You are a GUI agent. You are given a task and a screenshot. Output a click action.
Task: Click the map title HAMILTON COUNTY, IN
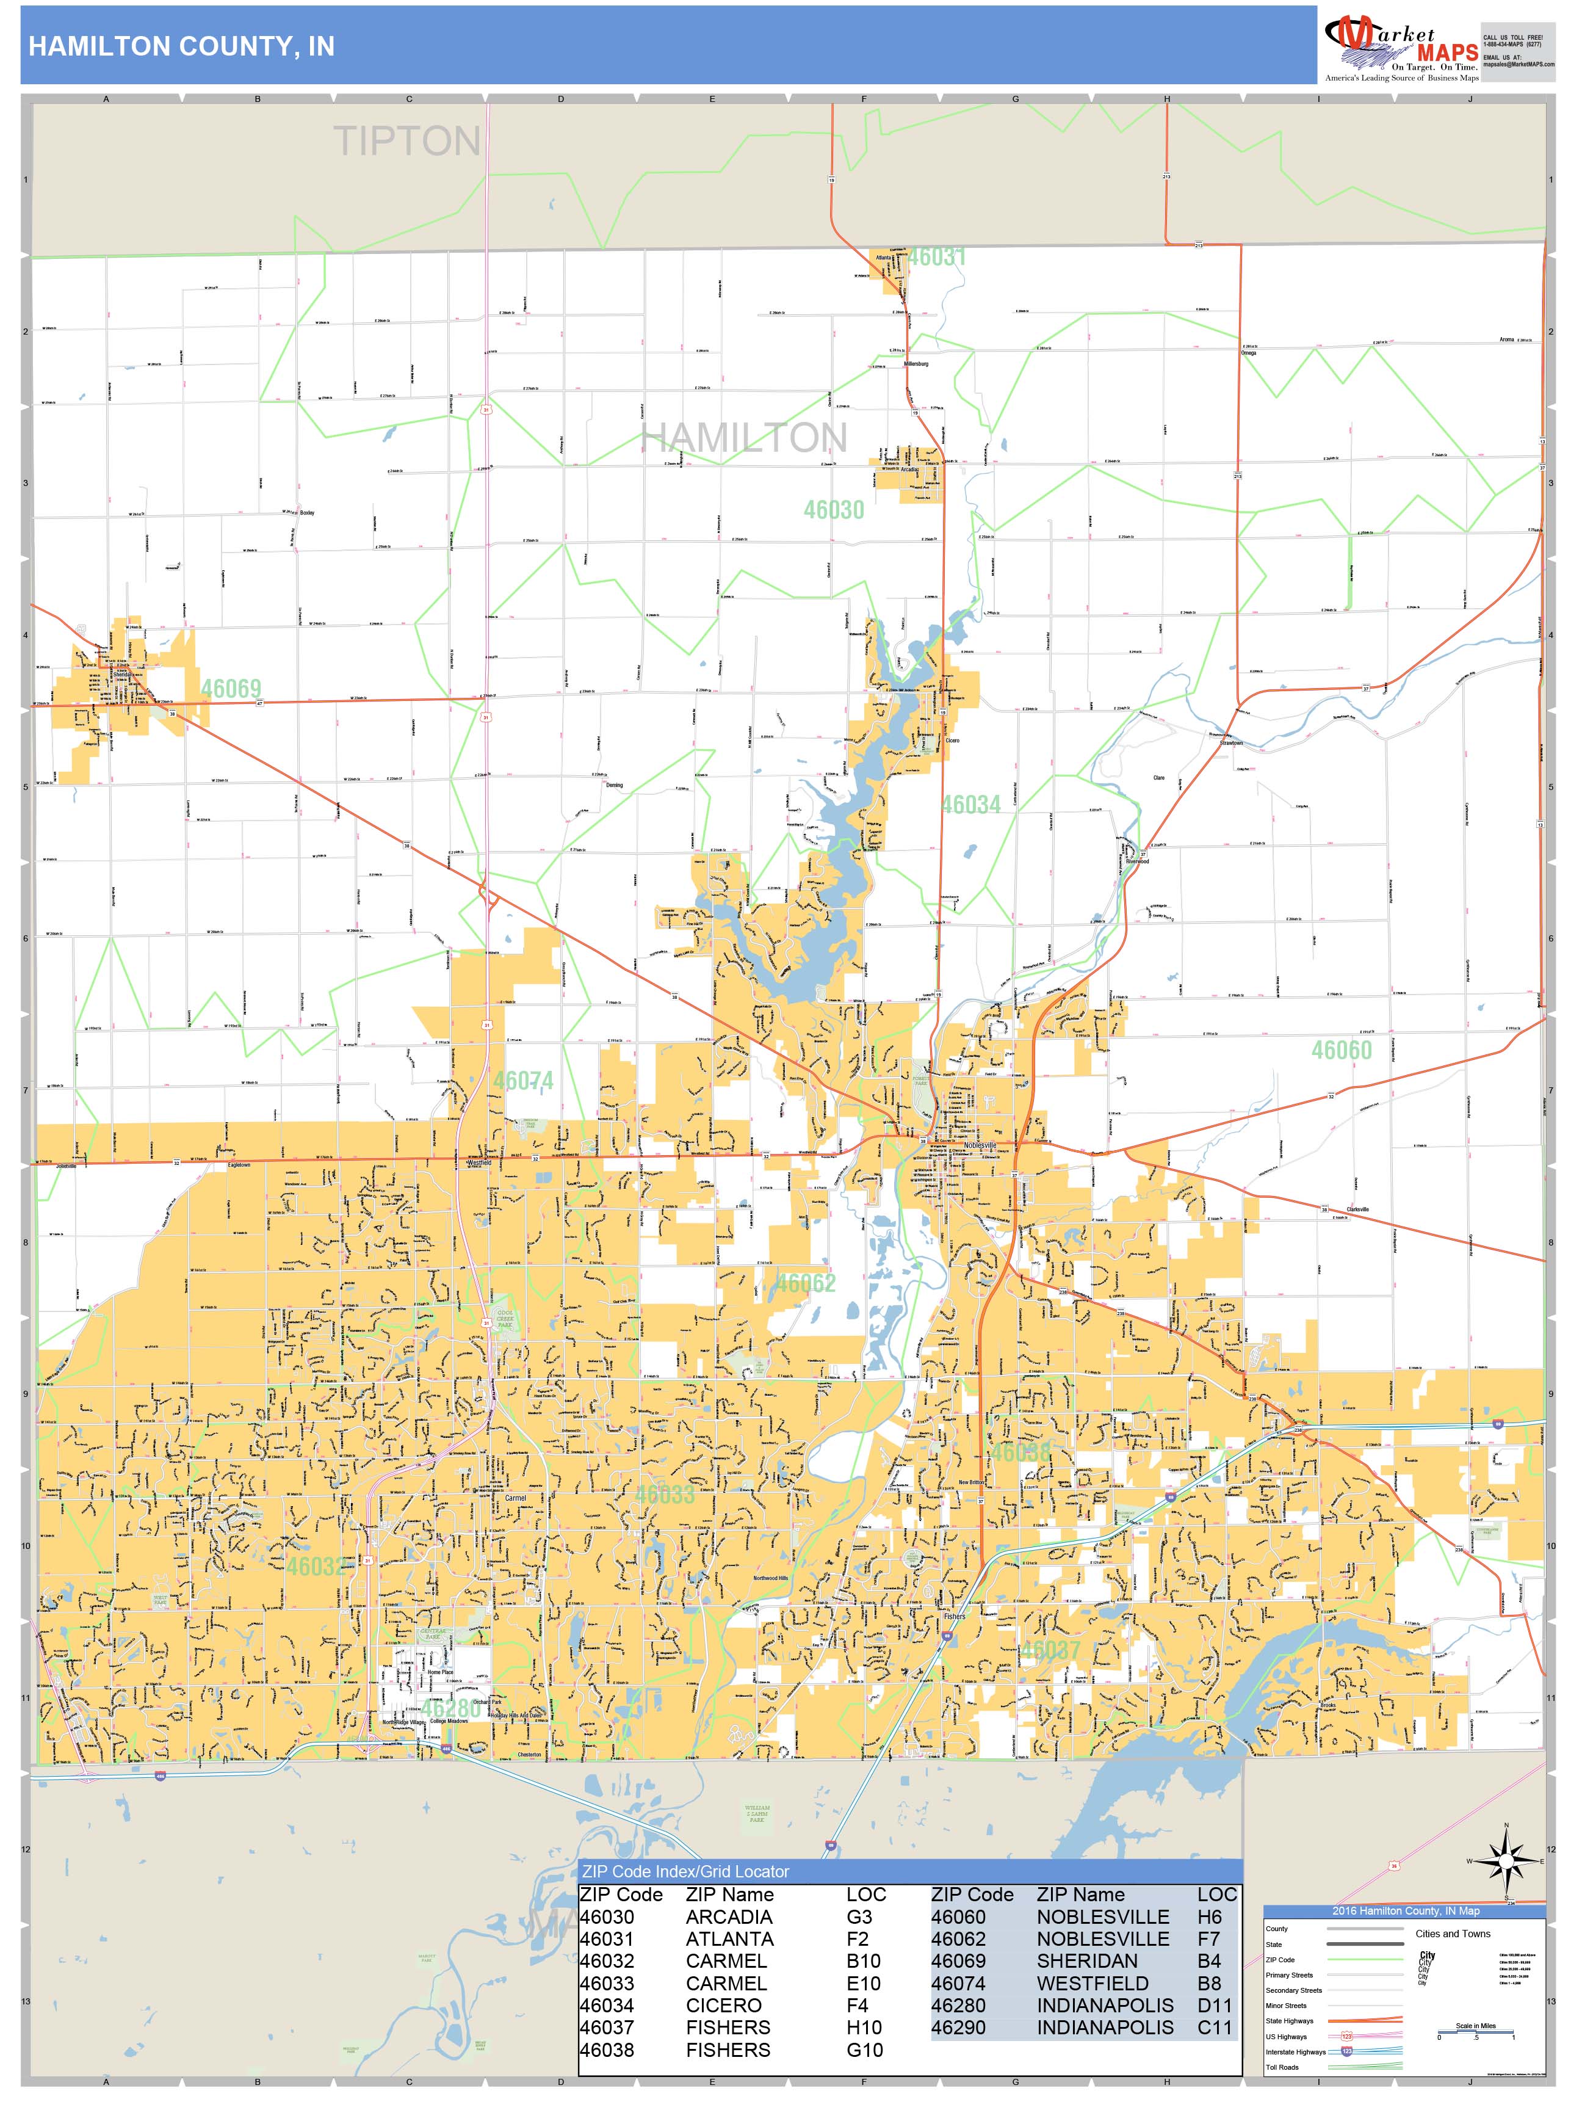(181, 47)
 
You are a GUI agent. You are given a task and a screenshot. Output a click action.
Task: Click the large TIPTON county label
(407, 141)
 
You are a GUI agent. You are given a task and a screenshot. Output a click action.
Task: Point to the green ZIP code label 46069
(230, 689)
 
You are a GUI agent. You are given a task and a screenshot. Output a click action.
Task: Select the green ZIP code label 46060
(1341, 1050)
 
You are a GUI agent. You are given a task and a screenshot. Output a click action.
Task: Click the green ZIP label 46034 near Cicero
(971, 804)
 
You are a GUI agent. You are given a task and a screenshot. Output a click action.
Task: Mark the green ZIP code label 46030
(834, 509)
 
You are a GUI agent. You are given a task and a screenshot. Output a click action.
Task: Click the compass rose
(1506, 1860)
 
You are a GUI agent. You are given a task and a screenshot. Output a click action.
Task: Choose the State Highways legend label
(1289, 2020)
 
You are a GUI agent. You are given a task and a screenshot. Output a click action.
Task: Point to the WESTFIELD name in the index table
(1092, 1983)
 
